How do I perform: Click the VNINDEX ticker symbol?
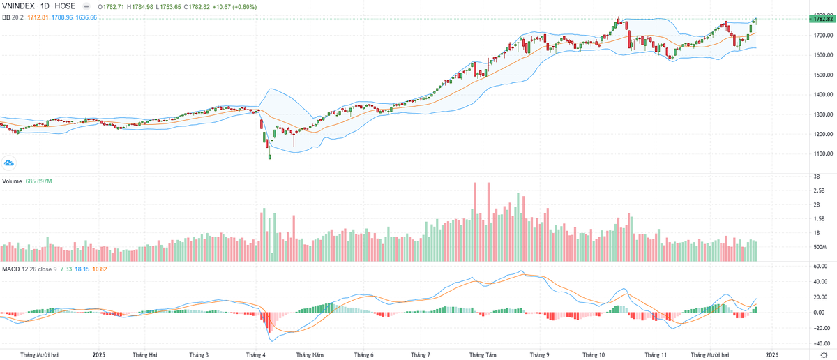click(x=19, y=6)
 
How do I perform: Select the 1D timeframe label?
click(x=45, y=6)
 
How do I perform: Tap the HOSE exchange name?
click(x=65, y=6)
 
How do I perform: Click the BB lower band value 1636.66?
click(x=85, y=17)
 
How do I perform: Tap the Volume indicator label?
click(x=12, y=181)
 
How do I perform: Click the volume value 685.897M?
click(x=40, y=181)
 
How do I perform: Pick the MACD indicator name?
click(x=10, y=269)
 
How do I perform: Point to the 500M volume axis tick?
click(x=819, y=248)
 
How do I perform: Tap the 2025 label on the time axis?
click(x=99, y=354)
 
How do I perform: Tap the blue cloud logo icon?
click(x=9, y=163)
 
